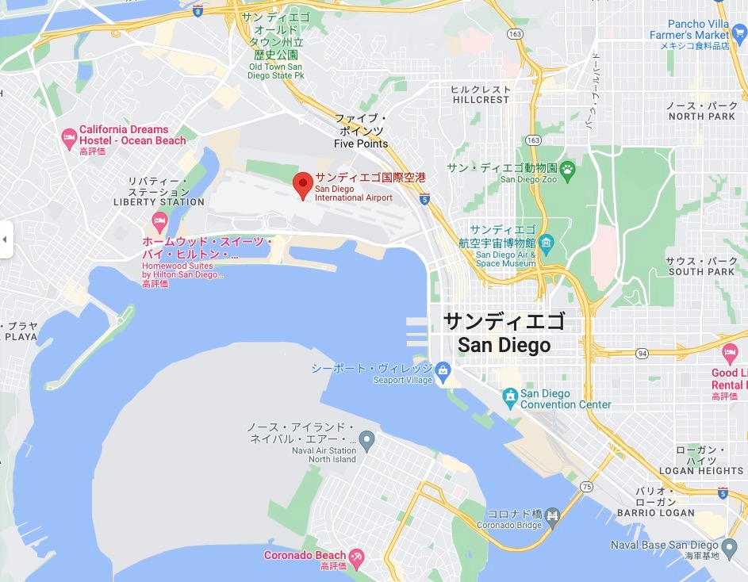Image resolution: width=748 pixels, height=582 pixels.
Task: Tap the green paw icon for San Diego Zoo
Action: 568,168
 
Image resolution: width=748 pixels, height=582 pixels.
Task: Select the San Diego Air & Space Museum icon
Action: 547,242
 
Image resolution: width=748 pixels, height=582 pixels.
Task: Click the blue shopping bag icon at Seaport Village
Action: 443,369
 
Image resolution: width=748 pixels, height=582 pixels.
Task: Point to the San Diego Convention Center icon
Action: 510,395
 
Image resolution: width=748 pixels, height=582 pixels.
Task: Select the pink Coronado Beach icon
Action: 357,556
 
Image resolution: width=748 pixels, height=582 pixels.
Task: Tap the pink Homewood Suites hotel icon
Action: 159,220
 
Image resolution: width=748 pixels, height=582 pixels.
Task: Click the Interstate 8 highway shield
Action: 197,11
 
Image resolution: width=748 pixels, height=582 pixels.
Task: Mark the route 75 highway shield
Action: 586,486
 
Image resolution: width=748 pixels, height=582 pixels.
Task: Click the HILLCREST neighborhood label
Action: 481,100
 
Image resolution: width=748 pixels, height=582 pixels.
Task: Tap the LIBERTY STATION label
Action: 159,202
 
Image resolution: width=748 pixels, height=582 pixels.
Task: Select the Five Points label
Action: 361,144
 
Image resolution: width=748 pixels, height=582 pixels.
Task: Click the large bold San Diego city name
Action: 504,346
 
